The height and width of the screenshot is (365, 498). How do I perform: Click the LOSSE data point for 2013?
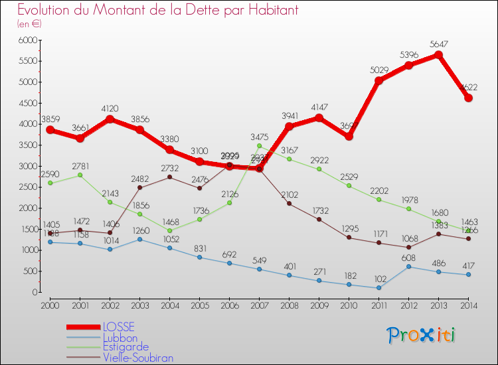point(438,54)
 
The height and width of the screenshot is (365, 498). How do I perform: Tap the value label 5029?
point(378,70)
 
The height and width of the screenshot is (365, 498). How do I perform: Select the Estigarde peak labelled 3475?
point(259,146)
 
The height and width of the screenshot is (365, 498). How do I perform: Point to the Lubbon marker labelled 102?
point(378,288)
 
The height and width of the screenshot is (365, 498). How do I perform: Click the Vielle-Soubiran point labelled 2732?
point(169,177)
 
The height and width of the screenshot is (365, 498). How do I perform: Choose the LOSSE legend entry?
point(118,327)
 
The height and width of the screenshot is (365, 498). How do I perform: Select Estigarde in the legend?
point(125,347)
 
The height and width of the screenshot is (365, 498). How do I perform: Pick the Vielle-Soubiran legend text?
point(138,358)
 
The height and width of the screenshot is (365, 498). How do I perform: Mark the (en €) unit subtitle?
point(30,24)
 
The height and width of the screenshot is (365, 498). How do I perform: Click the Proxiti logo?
point(422,335)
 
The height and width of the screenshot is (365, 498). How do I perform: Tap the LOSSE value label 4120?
point(110,108)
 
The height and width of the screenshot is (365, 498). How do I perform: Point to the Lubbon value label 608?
point(408,256)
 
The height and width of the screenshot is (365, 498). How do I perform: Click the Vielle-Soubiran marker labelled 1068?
point(408,248)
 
